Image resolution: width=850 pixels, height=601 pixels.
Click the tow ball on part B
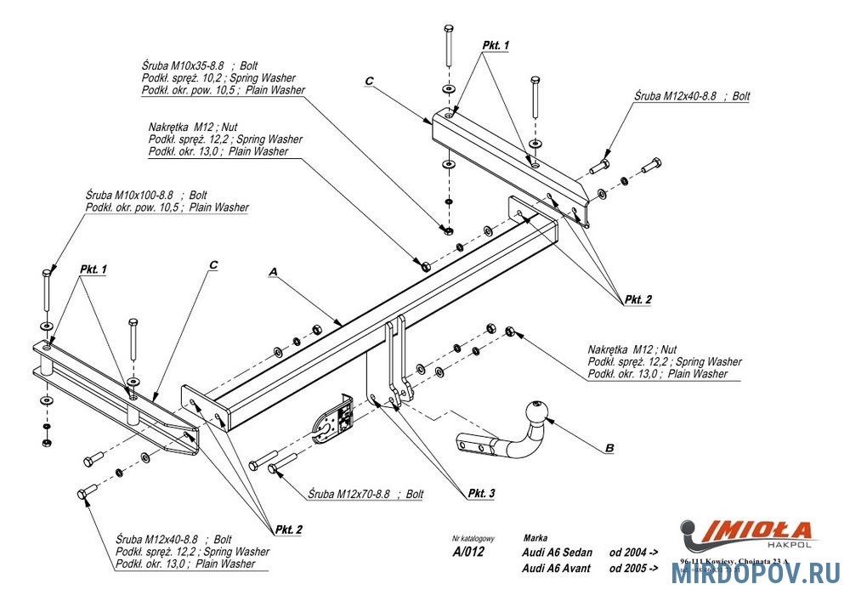click(539, 411)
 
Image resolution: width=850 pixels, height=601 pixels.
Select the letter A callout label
click(273, 271)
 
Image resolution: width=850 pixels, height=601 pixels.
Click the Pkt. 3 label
click(480, 493)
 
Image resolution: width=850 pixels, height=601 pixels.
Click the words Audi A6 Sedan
click(558, 553)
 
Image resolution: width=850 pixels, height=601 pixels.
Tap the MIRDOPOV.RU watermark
click(756, 574)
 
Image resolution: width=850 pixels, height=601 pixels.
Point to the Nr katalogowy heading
click(473, 539)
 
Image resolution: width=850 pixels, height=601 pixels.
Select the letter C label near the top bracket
click(369, 81)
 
